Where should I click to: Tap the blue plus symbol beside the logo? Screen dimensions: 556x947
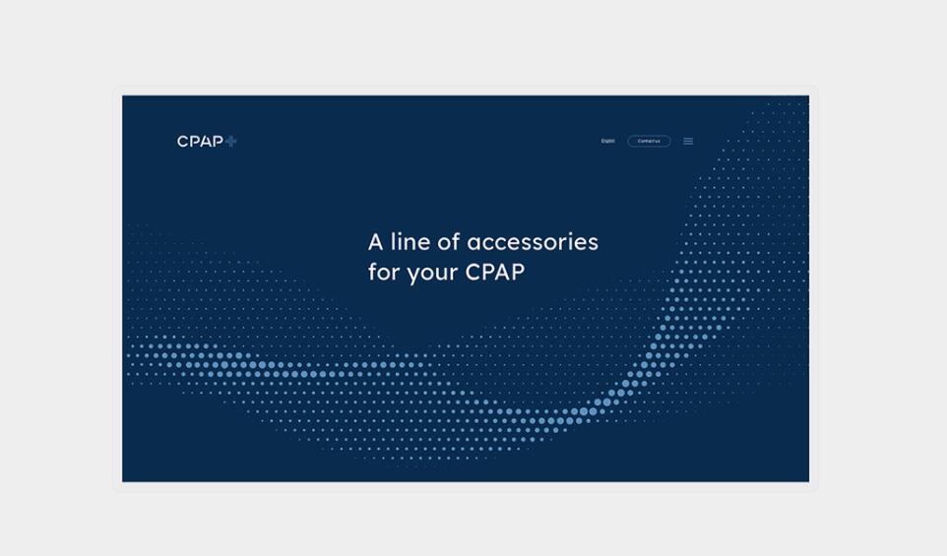(x=231, y=141)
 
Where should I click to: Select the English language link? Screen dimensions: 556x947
(x=607, y=141)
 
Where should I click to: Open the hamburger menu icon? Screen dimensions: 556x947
(x=688, y=141)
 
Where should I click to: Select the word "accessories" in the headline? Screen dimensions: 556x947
(x=533, y=242)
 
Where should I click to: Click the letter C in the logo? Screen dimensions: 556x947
(x=182, y=142)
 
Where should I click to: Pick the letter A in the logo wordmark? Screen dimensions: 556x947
(x=205, y=142)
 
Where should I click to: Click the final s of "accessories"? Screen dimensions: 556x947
(x=593, y=243)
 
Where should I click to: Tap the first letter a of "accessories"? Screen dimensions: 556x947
(x=473, y=243)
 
